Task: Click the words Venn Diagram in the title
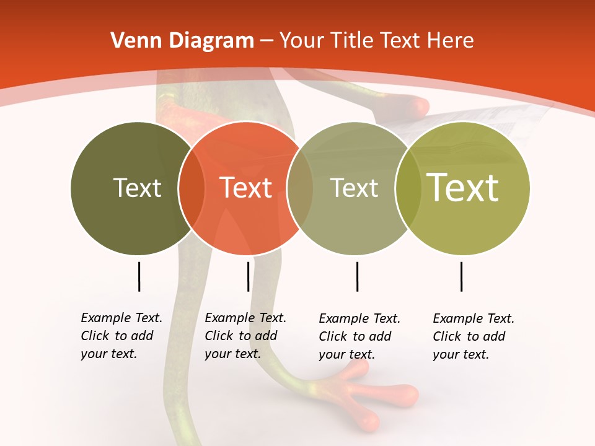click(182, 41)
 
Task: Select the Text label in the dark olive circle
click(137, 188)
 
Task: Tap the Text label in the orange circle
click(245, 188)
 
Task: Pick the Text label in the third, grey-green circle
click(354, 188)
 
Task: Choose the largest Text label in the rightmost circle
click(462, 187)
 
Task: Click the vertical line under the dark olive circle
click(139, 276)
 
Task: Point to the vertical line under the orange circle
click(248, 276)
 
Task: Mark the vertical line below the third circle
click(357, 276)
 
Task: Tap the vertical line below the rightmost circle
click(461, 276)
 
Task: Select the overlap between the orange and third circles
click(300, 188)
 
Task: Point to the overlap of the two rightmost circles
click(408, 188)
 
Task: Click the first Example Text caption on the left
click(121, 336)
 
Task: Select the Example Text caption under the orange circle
click(245, 336)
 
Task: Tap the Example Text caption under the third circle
click(359, 336)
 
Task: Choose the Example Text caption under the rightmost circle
click(474, 336)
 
